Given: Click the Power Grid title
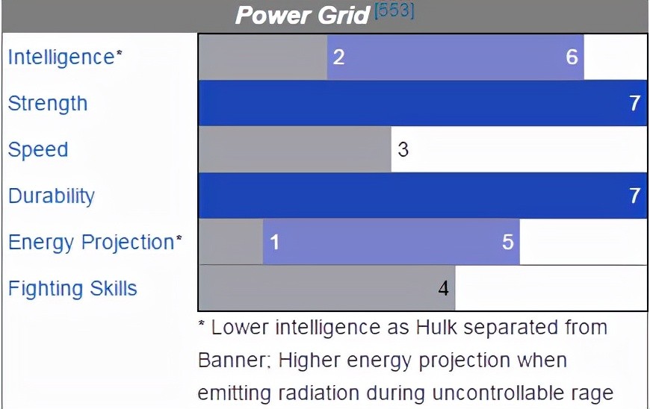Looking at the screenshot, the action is (302, 16).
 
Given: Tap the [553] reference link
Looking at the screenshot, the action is (394, 10).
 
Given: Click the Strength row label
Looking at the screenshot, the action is (48, 103).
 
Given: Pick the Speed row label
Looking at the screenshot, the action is (38, 150).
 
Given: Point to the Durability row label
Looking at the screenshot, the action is (52, 196).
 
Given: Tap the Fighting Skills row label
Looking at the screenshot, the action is (72, 288).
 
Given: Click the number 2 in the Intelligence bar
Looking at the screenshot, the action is (338, 57).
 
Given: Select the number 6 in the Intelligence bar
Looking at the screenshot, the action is (572, 57).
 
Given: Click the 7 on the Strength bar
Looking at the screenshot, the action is (634, 103).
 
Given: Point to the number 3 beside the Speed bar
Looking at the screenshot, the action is (403, 149).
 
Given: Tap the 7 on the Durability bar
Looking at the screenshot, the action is (634, 196).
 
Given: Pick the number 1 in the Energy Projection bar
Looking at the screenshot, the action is (274, 242).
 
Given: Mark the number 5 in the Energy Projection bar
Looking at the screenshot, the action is (508, 242).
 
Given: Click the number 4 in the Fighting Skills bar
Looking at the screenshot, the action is (443, 288).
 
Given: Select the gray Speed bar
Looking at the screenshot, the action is (294, 149).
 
